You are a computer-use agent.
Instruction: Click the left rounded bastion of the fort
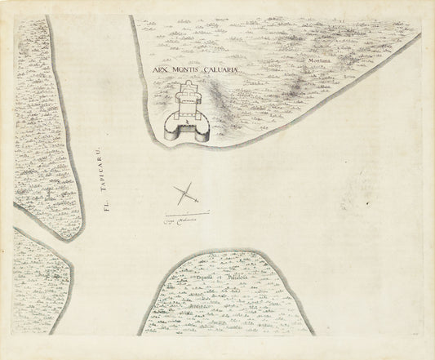[170, 127]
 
